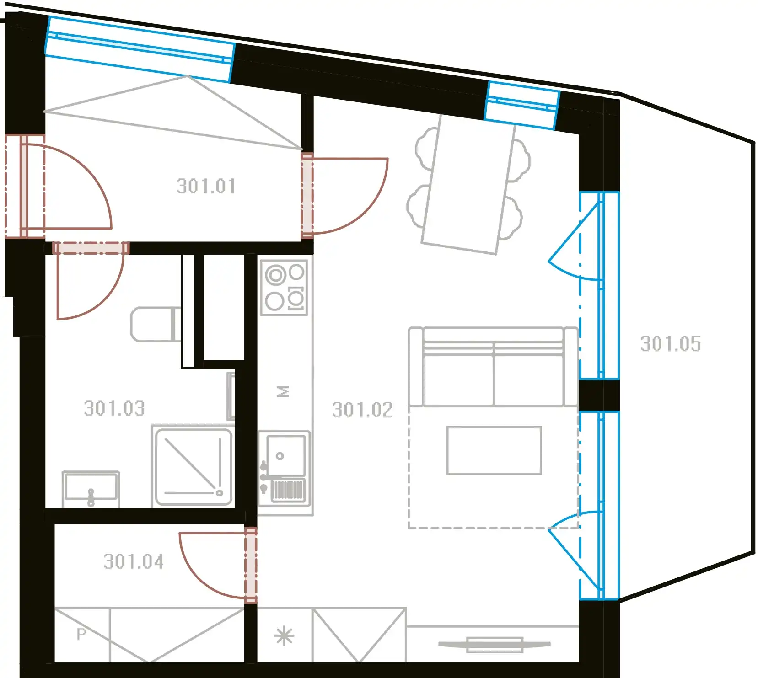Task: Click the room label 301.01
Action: (206, 187)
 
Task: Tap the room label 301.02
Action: (362, 410)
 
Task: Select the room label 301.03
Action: (114, 408)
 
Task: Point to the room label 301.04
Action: (134, 561)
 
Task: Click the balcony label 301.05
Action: (671, 344)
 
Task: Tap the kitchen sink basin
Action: (285, 455)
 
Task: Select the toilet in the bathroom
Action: (156, 325)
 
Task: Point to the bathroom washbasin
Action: (91, 489)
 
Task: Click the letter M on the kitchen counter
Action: (284, 392)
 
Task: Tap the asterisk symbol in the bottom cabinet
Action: (284, 636)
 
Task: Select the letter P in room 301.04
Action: (81, 634)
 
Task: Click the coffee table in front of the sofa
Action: (494, 450)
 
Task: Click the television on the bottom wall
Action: (495, 645)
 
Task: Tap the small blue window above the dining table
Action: (522, 105)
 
